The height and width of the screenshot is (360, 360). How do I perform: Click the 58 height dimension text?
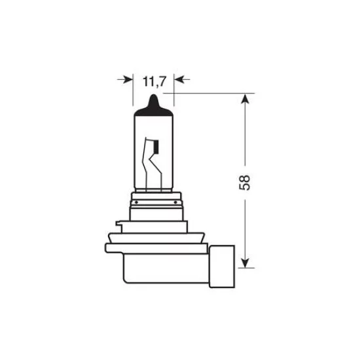click(x=245, y=181)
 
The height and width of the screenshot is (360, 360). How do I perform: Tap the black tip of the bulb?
click(x=153, y=103)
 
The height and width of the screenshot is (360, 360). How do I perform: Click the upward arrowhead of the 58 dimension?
click(x=245, y=99)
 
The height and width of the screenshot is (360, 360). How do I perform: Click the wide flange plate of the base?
click(x=157, y=247)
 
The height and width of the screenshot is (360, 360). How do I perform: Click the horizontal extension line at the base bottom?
click(x=242, y=268)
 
